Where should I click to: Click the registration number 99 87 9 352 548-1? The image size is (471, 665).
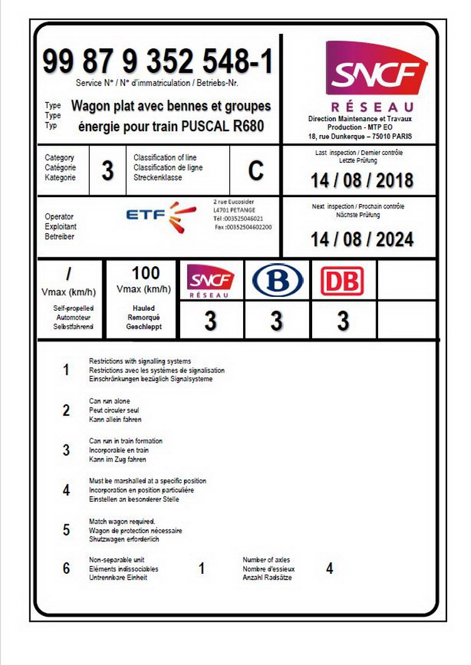click(x=158, y=63)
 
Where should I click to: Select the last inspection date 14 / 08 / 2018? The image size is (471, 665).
click(x=362, y=181)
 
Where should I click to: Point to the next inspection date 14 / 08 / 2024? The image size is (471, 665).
click(x=362, y=239)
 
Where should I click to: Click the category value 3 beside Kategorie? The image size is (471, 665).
click(x=108, y=171)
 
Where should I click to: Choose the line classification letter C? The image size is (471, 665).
click(x=256, y=171)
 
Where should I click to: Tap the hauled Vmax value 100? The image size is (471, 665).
click(x=146, y=273)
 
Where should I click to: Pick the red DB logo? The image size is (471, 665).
click(x=342, y=281)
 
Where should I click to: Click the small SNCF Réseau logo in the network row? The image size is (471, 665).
click(x=210, y=281)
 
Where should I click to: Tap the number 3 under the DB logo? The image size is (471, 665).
click(x=343, y=322)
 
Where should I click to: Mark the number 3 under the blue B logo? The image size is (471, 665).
click(x=276, y=322)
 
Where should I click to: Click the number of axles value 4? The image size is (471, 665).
click(x=330, y=568)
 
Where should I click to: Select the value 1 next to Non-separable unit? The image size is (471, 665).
click(x=202, y=568)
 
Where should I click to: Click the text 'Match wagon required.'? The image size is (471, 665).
click(x=122, y=522)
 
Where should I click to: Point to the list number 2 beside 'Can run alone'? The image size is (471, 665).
click(x=67, y=410)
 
